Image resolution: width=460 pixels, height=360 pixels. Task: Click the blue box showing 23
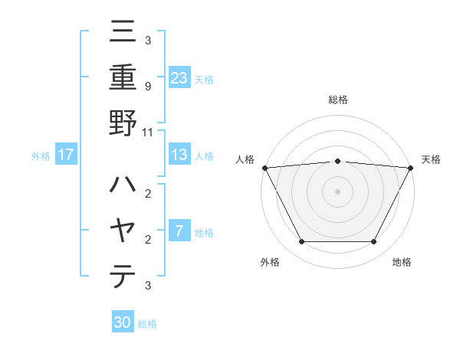click(x=179, y=78)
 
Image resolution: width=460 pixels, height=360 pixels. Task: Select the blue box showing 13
click(x=179, y=155)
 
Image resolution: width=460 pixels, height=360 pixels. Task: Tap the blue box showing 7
click(x=179, y=231)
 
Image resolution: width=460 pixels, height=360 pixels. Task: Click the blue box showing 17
click(x=66, y=155)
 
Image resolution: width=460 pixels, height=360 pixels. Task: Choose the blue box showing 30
click(x=123, y=322)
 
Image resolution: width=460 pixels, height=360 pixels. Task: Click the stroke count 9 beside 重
click(x=147, y=86)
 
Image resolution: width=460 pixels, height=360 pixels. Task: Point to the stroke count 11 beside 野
click(x=147, y=132)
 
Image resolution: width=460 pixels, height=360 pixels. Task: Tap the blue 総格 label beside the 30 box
click(x=147, y=324)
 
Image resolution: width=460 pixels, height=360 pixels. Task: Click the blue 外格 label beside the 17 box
click(x=41, y=156)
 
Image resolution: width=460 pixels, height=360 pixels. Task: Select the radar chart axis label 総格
click(x=337, y=100)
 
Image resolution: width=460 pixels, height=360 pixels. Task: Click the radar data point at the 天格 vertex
click(x=411, y=168)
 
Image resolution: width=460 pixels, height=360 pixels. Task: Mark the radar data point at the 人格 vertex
click(x=264, y=168)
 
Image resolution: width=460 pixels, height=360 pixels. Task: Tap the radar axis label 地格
click(x=402, y=262)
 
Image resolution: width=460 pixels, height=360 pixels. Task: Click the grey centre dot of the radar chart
click(x=337, y=191)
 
